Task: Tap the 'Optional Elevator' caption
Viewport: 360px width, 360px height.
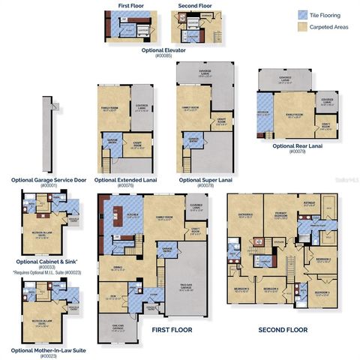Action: coord(163,49)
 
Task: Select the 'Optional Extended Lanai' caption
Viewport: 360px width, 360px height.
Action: coord(127,180)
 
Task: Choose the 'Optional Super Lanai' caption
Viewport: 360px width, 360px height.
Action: coord(205,180)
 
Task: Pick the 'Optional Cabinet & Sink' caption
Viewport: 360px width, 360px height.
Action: coord(46,260)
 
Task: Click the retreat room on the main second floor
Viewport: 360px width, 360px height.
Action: coord(309,204)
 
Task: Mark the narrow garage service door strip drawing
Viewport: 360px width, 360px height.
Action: coord(46,135)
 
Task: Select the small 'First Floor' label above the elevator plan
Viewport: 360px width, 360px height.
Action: coord(131,5)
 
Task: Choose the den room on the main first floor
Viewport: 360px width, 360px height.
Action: coord(112,294)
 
